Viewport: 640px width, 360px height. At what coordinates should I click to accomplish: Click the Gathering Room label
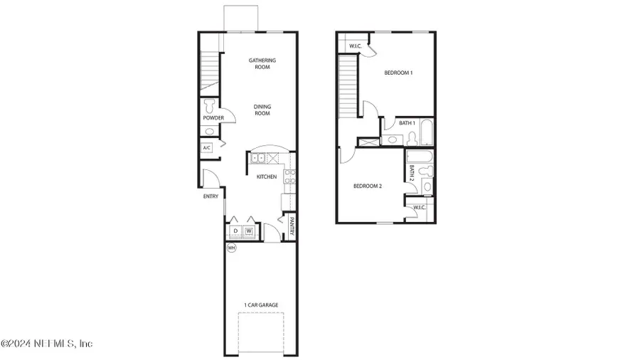click(x=262, y=63)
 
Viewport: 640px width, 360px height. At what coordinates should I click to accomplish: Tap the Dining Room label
click(x=262, y=110)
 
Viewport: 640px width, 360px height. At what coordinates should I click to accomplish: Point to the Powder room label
click(x=213, y=118)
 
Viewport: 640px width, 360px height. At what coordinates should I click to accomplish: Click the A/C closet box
click(x=207, y=148)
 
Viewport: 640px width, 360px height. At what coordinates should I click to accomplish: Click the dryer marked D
click(x=235, y=231)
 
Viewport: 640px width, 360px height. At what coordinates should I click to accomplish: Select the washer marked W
click(x=249, y=231)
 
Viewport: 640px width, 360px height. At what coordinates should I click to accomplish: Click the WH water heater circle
click(x=231, y=248)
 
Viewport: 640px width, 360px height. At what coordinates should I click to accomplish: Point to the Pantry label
click(x=292, y=226)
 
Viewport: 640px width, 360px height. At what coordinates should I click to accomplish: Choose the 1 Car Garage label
click(x=261, y=305)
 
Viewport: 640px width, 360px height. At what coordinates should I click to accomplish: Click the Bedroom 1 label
click(x=398, y=73)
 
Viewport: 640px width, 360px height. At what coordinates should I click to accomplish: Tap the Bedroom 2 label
click(x=368, y=186)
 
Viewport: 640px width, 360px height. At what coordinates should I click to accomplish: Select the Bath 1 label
click(x=407, y=123)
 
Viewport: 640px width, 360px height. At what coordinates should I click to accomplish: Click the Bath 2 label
click(x=412, y=172)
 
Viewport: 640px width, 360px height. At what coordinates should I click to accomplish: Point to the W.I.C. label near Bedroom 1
click(x=355, y=47)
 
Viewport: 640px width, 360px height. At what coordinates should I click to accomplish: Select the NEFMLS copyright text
click(x=47, y=344)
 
